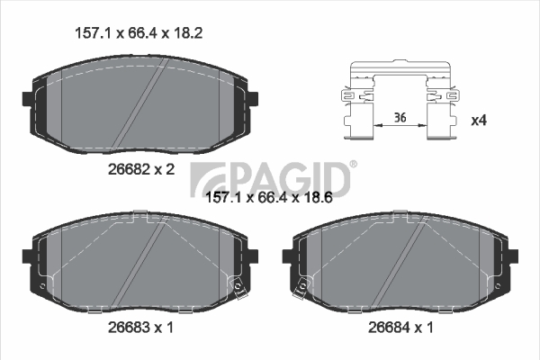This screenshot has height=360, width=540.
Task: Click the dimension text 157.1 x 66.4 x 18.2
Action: (x=139, y=33)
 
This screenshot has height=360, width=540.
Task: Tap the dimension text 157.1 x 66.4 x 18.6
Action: (x=268, y=198)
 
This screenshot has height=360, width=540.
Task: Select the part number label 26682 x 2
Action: (x=141, y=169)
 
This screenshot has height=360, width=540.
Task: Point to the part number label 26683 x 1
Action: (x=140, y=327)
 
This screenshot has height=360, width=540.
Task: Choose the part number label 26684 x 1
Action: (x=400, y=327)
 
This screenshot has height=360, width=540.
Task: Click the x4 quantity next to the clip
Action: (x=479, y=121)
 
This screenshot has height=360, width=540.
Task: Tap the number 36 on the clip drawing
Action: (x=400, y=118)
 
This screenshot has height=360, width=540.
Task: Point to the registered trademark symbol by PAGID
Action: (x=354, y=164)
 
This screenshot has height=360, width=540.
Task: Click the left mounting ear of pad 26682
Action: (x=27, y=99)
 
